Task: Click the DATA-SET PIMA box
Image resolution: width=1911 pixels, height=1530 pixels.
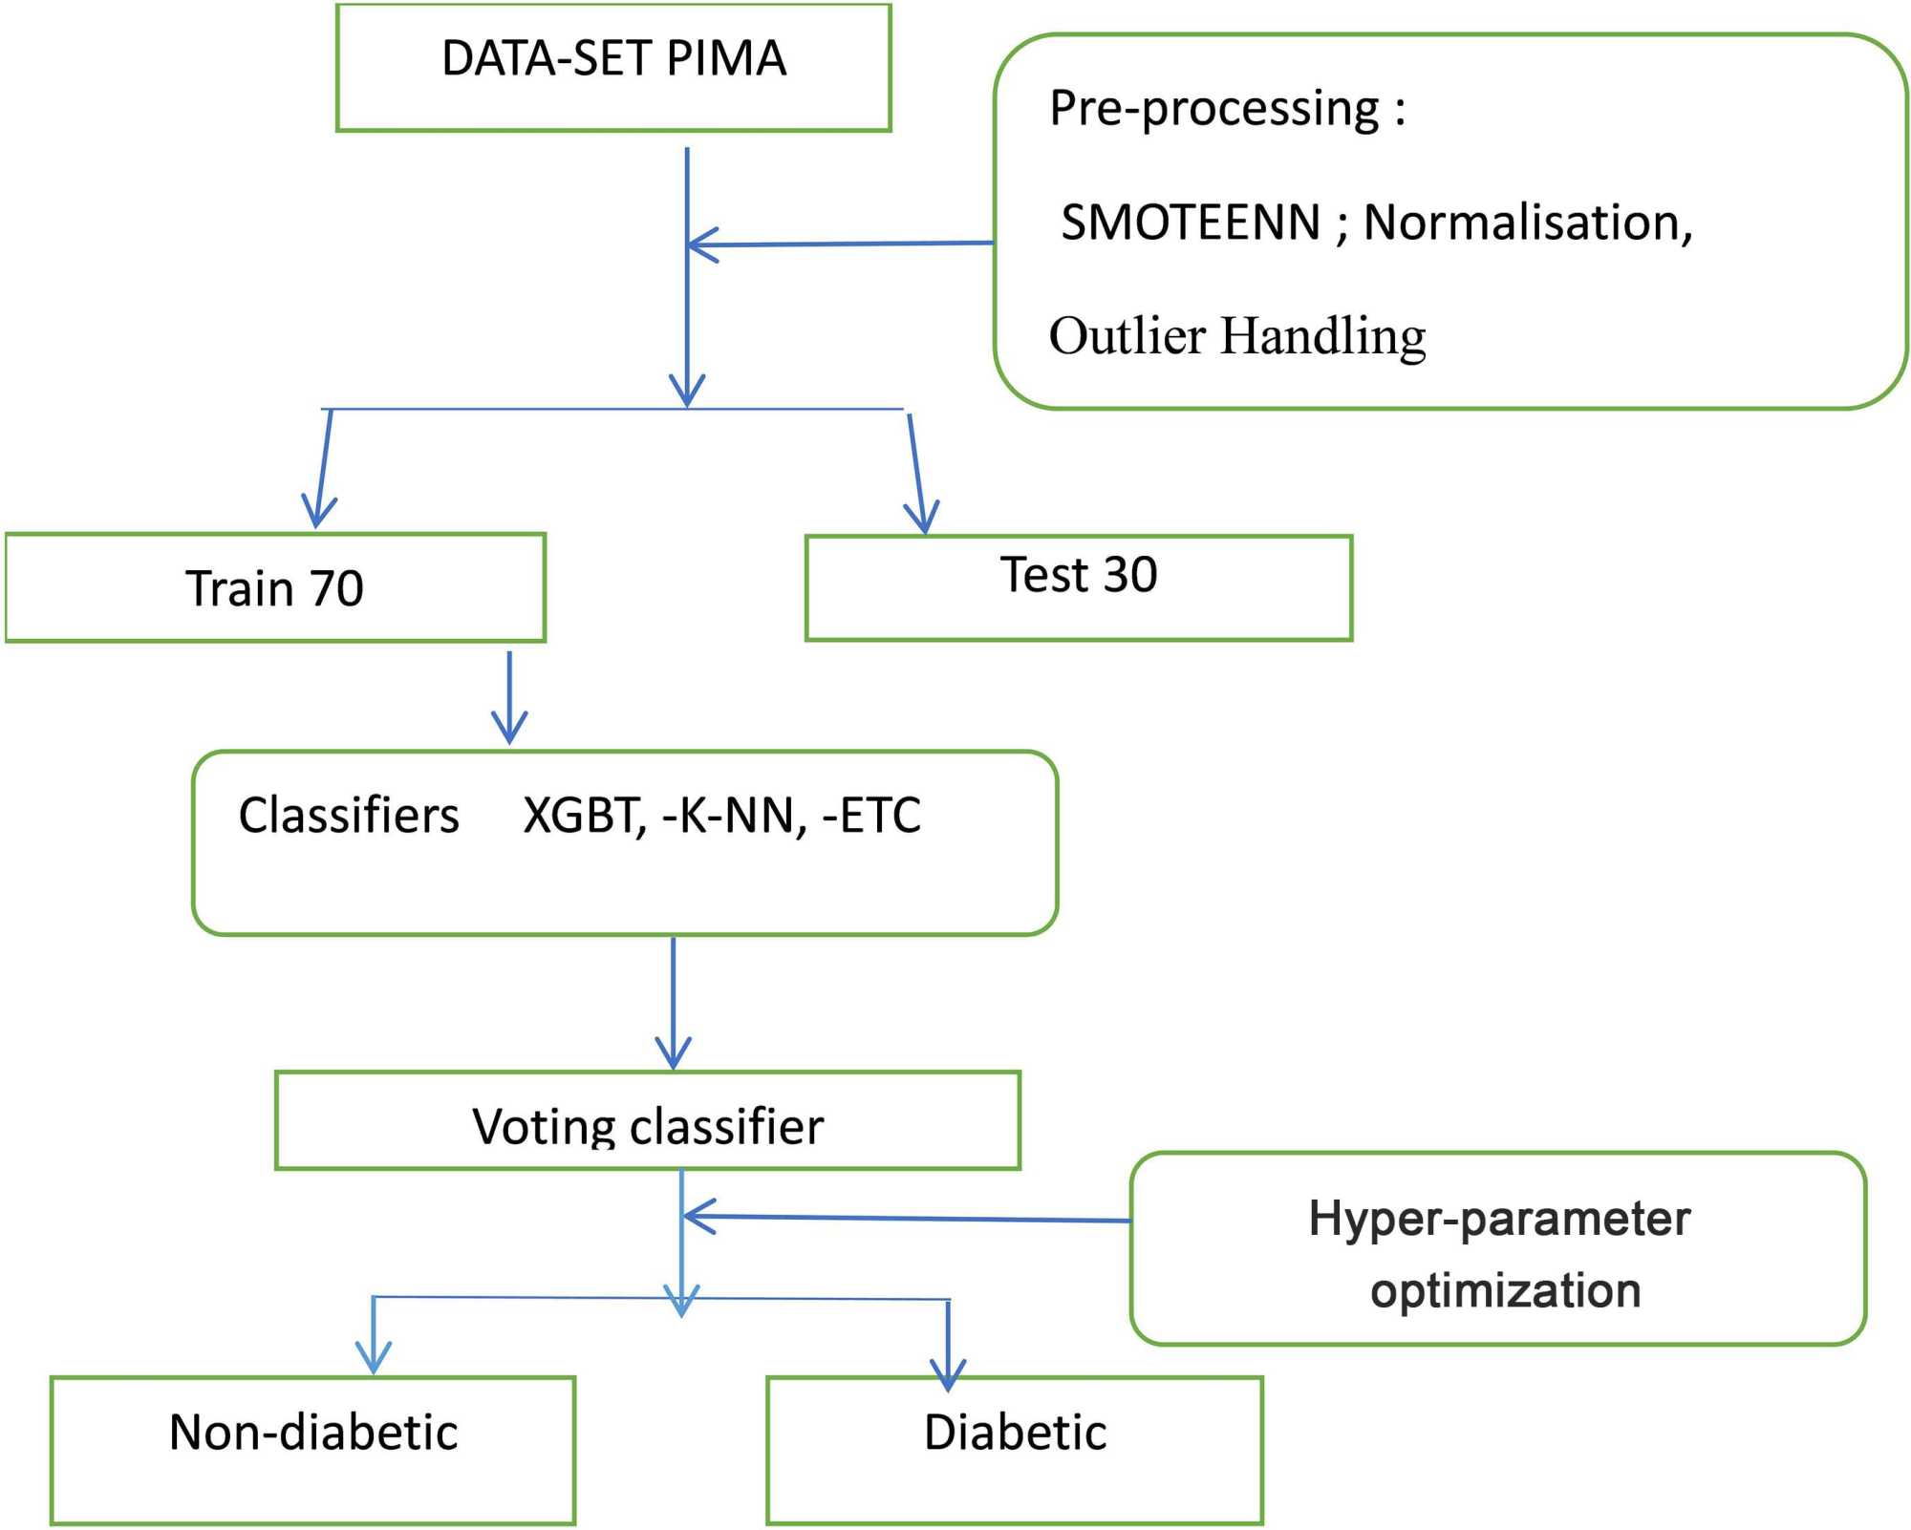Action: click(x=613, y=67)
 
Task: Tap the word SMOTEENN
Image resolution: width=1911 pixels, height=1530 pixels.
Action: click(x=1191, y=223)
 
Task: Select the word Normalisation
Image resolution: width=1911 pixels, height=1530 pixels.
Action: click(x=1526, y=223)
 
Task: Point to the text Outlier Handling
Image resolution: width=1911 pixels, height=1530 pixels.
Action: click(x=1236, y=336)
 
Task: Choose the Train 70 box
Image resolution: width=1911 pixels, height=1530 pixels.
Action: click(x=275, y=587)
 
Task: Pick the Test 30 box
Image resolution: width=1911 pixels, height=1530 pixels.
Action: click(x=1078, y=586)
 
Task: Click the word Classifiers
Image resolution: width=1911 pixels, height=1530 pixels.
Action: click(x=349, y=816)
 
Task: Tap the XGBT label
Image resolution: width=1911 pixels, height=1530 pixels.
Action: click(x=584, y=816)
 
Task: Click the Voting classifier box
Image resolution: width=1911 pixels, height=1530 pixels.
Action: click(x=647, y=1121)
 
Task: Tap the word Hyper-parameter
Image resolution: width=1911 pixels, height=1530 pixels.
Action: click(x=1498, y=1219)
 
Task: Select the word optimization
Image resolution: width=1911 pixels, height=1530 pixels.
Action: click(x=1505, y=1290)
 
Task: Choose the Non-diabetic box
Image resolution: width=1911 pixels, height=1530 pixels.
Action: click(x=312, y=1450)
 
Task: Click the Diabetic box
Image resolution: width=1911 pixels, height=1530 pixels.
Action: click(x=1014, y=1450)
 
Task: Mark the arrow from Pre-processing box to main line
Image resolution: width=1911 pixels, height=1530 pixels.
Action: click(x=841, y=244)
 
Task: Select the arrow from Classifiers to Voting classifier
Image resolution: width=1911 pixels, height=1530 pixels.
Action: click(x=674, y=1003)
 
